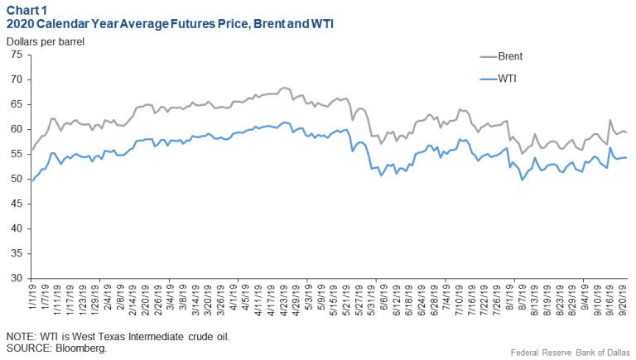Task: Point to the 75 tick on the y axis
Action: pos(17,55)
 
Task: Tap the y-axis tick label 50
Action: pos(17,180)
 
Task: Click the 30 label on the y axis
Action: pos(17,279)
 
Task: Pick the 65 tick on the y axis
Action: pos(17,104)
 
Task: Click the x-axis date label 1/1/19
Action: pos(33,297)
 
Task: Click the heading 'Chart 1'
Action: pos(27,9)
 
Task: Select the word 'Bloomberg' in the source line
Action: pos(83,348)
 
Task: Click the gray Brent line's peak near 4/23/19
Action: pos(284,87)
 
